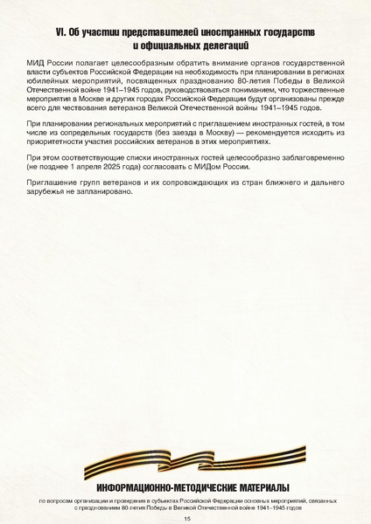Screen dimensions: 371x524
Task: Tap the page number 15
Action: tap(185, 518)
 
